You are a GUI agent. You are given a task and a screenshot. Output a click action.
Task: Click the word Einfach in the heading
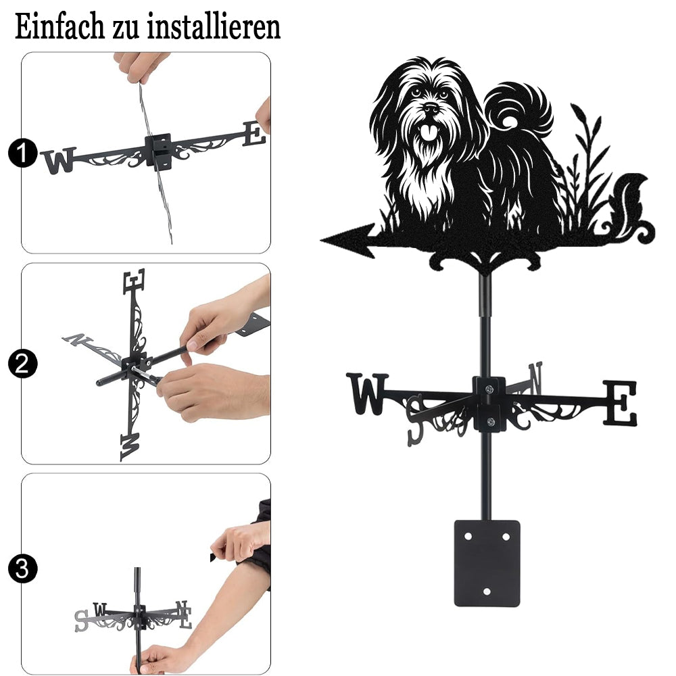(x=60, y=27)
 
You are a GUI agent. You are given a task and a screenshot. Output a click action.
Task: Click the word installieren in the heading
(x=214, y=27)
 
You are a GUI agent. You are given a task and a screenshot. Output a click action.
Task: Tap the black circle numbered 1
(x=22, y=153)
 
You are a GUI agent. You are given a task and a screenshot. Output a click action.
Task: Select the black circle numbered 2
(x=22, y=364)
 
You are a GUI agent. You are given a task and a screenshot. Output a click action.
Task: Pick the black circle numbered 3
(x=22, y=569)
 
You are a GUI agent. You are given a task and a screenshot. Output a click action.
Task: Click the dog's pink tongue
(x=428, y=132)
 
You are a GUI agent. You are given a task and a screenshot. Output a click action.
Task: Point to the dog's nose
(x=431, y=107)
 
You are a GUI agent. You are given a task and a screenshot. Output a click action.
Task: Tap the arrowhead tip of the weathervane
(x=321, y=240)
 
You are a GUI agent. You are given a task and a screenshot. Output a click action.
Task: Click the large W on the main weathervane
(x=367, y=393)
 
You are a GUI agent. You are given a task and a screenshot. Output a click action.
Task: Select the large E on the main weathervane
(x=619, y=403)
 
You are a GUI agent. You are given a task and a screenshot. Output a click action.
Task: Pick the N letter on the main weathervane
(x=535, y=378)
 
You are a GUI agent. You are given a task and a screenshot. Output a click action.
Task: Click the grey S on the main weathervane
(x=416, y=420)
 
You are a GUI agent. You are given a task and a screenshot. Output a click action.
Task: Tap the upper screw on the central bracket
(x=489, y=390)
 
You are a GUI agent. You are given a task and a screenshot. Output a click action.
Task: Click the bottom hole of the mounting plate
(x=487, y=591)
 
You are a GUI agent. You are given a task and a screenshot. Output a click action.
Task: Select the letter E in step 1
(x=254, y=134)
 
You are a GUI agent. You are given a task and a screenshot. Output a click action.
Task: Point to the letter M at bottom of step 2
(x=130, y=447)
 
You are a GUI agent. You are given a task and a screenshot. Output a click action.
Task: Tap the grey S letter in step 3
(x=81, y=621)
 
